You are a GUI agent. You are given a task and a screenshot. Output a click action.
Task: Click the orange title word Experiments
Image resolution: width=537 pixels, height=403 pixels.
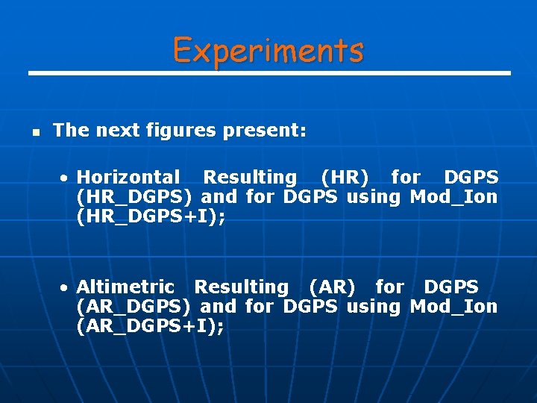(268, 50)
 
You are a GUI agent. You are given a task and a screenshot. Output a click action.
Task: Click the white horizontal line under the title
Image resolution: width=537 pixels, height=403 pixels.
(268, 73)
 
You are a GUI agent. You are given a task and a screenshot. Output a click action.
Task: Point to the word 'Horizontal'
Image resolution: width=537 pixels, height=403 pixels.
(128, 178)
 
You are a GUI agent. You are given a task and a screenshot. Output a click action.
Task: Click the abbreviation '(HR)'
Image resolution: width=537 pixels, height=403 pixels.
(344, 178)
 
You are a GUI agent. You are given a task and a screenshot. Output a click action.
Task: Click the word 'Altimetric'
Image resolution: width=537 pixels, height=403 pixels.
(125, 287)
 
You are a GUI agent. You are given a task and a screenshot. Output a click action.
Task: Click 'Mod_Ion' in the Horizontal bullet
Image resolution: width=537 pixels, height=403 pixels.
(453, 197)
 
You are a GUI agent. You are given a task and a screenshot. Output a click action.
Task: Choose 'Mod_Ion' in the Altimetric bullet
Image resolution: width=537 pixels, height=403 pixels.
(453, 307)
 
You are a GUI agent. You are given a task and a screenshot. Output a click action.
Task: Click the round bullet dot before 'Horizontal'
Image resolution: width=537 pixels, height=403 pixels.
(66, 178)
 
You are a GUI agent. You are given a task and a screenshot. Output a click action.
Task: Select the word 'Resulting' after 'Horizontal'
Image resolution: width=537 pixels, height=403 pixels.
(250, 178)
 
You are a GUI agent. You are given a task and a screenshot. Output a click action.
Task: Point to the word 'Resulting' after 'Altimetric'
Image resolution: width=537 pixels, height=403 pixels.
(241, 287)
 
